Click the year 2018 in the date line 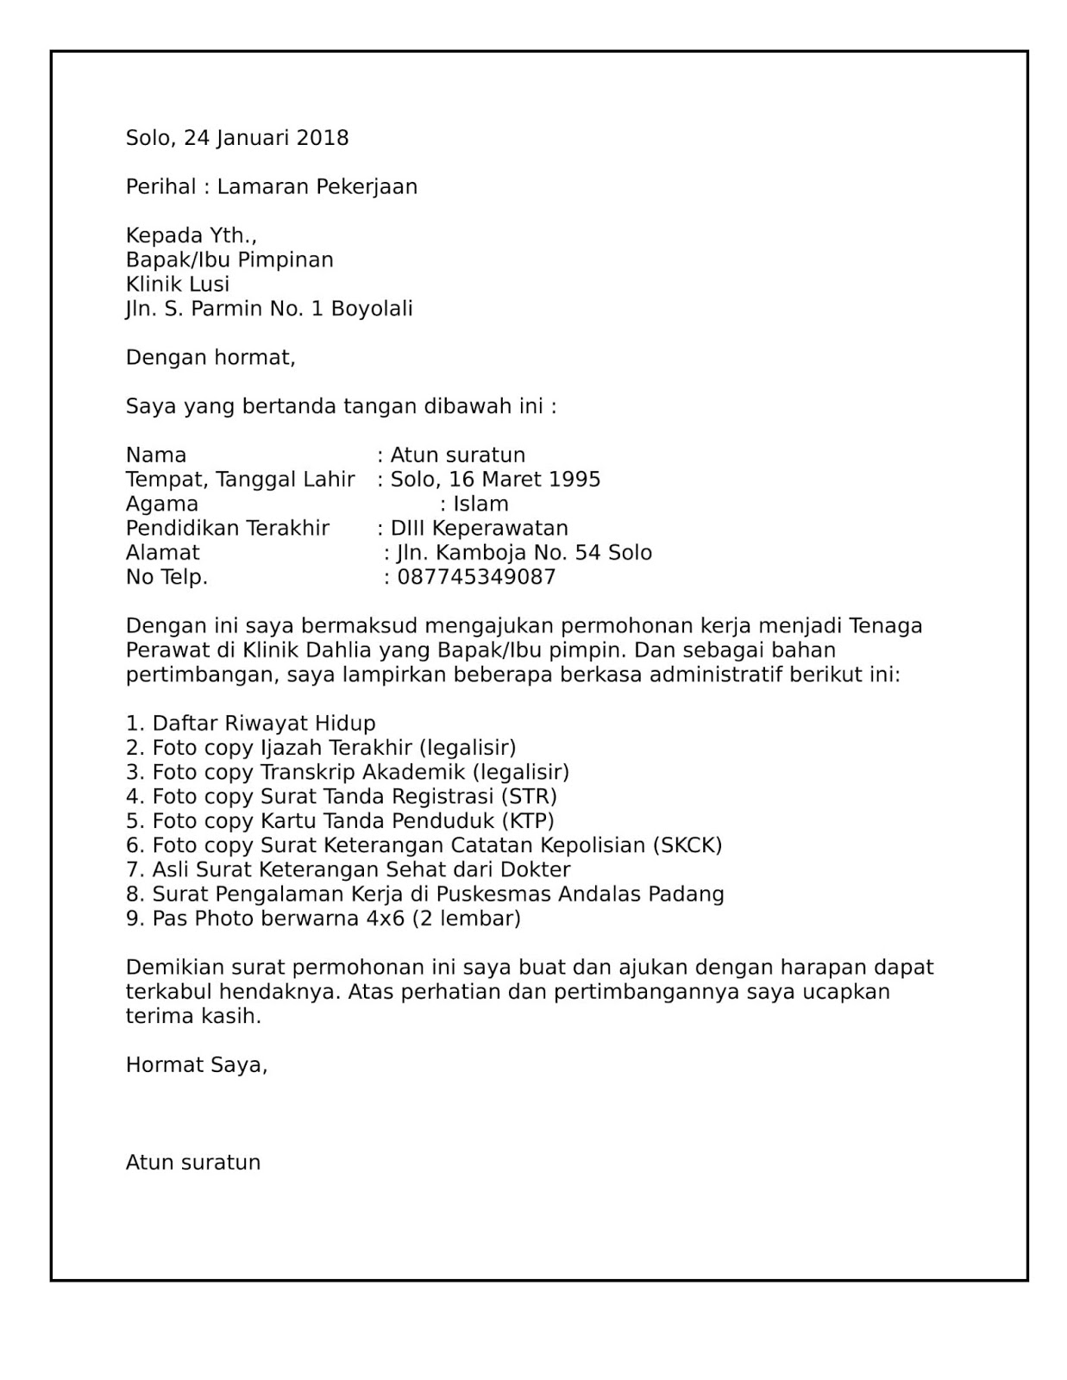point(323,138)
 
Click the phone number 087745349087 point(476,577)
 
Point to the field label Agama point(162,505)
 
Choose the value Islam point(480,505)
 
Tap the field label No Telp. point(167,577)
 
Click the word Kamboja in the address point(475,553)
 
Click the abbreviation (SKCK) point(687,845)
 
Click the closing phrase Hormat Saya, point(197,1065)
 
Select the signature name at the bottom point(193,1163)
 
